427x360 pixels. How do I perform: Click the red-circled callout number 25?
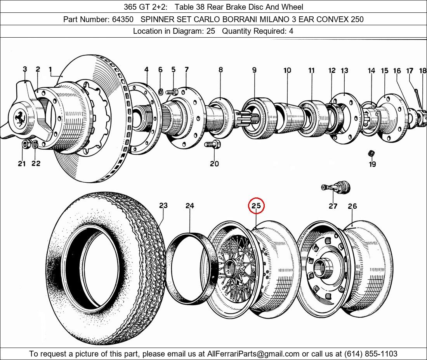click(x=256, y=206)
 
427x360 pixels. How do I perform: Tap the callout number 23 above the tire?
click(x=163, y=206)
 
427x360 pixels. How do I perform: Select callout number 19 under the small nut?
click(x=372, y=164)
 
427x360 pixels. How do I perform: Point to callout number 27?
click(x=333, y=206)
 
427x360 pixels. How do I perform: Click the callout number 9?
click(x=254, y=70)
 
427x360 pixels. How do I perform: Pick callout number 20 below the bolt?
click(x=214, y=164)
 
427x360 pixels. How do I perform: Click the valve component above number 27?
click(x=336, y=188)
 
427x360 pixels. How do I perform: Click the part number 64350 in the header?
click(x=122, y=19)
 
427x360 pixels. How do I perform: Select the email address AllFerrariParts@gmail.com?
click(x=253, y=354)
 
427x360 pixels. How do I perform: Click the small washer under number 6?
click(x=160, y=92)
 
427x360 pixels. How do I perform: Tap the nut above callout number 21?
click(x=25, y=145)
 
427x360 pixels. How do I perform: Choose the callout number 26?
click(x=352, y=206)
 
